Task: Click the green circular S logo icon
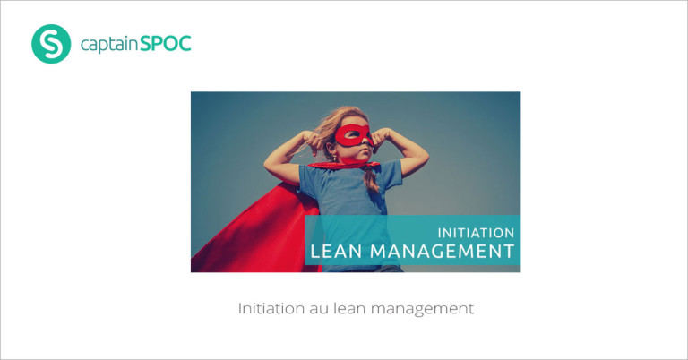click(x=51, y=44)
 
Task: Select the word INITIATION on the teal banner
click(x=476, y=233)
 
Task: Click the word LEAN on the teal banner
click(x=336, y=252)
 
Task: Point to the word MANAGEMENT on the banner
click(x=443, y=252)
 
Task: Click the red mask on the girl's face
click(x=353, y=136)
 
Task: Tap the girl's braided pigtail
click(x=371, y=179)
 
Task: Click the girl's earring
click(x=334, y=157)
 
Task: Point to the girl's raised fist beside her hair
click(x=314, y=141)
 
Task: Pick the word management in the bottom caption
click(x=423, y=310)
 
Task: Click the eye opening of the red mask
click(x=351, y=133)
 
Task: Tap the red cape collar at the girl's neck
click(x=343, y=165)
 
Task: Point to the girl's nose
click(x=367, y=142)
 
